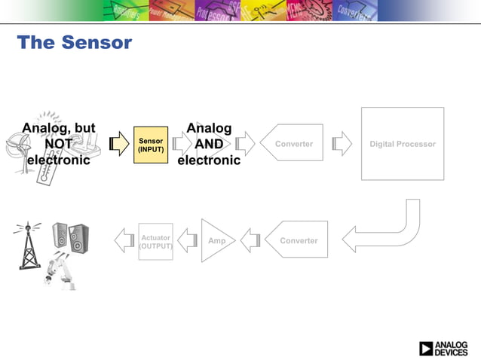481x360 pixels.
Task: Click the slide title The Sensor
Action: pyautogui.click(x=74, y=43)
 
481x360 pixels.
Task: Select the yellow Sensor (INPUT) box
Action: pyautogui.click(x=150, y=144)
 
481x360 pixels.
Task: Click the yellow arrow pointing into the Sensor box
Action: pyautogui.click(x=118, y=144)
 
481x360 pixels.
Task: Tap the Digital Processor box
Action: pyautogui.click(x=402, y=144)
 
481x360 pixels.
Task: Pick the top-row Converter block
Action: pyautogui.click(x=292, y=143)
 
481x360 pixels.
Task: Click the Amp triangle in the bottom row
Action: pyautogui.click(x=216, y=240)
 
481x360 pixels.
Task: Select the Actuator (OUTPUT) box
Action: pyautogui.click(x=155, y=241)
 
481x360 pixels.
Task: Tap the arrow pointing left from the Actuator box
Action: pyautogui.click(x=124, y=240)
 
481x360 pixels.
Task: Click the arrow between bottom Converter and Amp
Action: pyautogui.click(x=250, y=240)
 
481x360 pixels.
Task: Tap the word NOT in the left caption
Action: pyautogui.click(x=59, y=144)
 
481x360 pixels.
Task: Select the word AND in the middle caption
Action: pyautogui.click(x=209, y=144)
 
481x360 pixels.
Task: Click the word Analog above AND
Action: pyautogui.click(x=209, y=128)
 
